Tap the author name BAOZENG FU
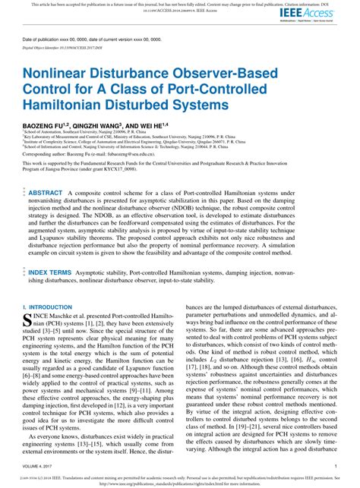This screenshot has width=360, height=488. [46, 124]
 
